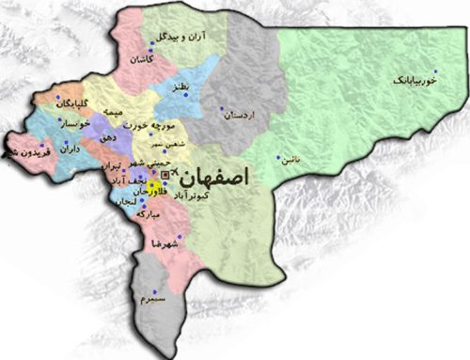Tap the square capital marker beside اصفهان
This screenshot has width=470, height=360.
[x=166, y=175]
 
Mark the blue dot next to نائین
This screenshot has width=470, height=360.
[x=278, y=157]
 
